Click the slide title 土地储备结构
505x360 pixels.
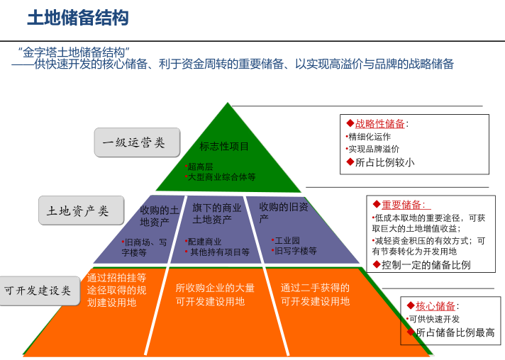point(78,18)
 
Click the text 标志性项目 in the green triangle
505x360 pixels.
point(224,147)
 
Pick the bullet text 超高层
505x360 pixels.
point(201,167)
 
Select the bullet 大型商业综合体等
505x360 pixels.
point(221,176)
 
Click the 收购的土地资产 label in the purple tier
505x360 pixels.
point(157,216)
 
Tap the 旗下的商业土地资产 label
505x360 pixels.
point(216,214)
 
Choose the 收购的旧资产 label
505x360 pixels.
point(283,212)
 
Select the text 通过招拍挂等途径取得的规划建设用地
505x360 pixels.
point(116,290)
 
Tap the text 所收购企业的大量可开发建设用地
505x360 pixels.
point(215,295)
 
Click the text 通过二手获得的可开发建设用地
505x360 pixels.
point(315,295)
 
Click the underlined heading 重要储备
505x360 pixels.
point(402,205)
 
